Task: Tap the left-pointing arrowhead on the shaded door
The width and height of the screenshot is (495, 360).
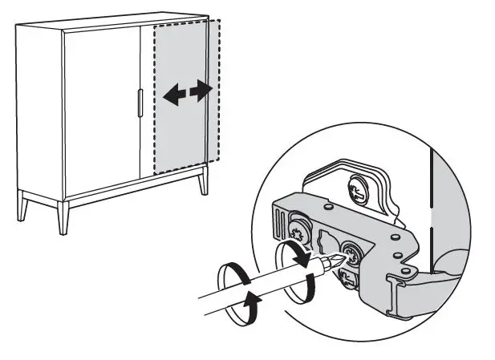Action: click(169, 97)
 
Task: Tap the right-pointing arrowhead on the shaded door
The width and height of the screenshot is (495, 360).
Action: click(206, 87)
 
